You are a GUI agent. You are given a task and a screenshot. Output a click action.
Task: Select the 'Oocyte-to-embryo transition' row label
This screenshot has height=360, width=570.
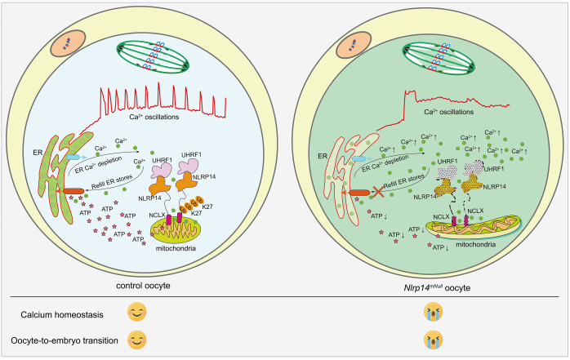click(x=72, y=340)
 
